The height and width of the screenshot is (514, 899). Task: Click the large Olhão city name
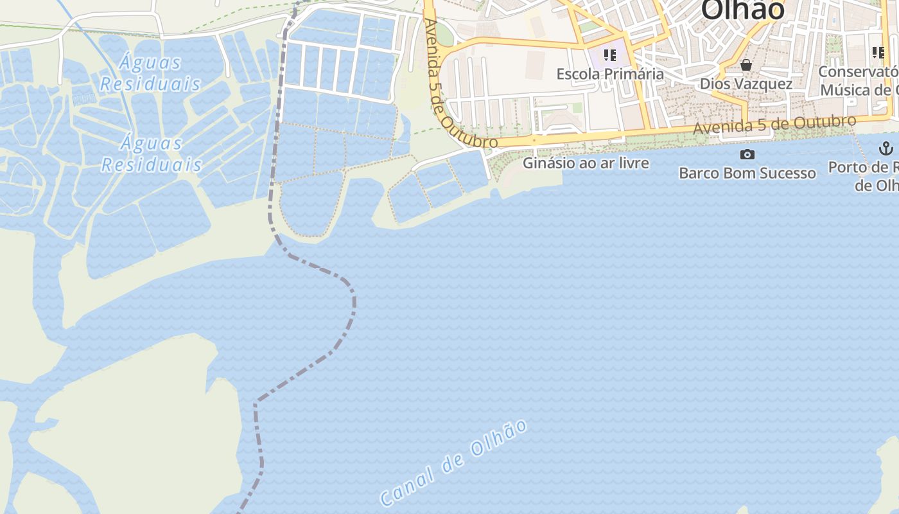click(743, 10)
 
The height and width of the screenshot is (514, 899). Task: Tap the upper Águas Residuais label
click(151, 73)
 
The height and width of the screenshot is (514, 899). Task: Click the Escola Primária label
click(610, 74)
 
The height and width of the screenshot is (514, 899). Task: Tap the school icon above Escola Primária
click(610, 55)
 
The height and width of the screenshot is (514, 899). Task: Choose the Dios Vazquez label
click(746, 84)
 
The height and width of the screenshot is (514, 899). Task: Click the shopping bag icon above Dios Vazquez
click(746, 65)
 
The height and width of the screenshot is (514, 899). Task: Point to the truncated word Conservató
click(858, 71)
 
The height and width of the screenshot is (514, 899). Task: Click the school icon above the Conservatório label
click(878, 53)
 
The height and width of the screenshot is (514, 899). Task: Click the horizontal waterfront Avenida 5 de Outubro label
click(774, 125)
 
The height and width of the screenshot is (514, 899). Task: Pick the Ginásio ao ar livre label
click(586, 163)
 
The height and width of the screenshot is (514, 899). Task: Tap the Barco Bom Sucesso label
click(747, 173)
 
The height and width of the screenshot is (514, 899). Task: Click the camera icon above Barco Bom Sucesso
click(747, 154)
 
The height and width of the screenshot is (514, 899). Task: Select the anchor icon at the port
click(886, 149)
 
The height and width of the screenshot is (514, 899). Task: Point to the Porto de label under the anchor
click(864, 168)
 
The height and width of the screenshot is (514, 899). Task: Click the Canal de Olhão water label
click(454, 462)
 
